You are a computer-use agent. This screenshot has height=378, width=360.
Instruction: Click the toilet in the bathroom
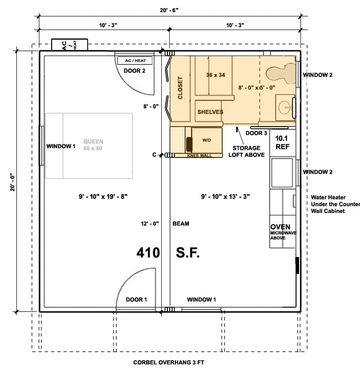click(x=281, y=74)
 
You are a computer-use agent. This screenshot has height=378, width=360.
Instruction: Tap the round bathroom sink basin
click(x=285, y=107)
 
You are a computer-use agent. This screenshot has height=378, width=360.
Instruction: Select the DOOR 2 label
click(x=135, y=71)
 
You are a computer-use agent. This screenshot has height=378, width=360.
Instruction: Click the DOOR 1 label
click(x=136, y=299)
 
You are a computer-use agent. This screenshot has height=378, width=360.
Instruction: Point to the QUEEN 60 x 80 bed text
click(x=93, y=145)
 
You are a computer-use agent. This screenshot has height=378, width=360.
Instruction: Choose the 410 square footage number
click(x=148, y=253)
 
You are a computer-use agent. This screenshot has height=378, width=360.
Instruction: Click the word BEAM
click(x=181, y=224)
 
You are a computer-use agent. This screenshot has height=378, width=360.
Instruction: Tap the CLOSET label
click(x=180, y=88)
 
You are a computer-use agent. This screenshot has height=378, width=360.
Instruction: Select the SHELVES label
click(x=210, y=112)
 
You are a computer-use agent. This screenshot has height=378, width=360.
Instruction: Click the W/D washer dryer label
click(x=207, y=140)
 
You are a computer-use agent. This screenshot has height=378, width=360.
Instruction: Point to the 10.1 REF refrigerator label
click(x=282, y=143)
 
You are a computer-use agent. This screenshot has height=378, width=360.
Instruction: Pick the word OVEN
click(x=280, y=227)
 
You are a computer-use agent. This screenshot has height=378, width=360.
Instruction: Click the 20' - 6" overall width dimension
click(x=169, y=10)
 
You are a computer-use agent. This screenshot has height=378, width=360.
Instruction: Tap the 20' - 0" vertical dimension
click(x=12, y=182)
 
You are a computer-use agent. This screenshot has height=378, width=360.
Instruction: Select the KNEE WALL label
click(x=199, y=156)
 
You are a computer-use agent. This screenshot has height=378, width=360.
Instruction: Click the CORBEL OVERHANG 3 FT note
click(x=169, y=363)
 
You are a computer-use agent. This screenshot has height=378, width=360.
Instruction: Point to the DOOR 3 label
click(x=256, y=133)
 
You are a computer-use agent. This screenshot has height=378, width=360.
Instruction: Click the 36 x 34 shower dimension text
click(x=216, y=75)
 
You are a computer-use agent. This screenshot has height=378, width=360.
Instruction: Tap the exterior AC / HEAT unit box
click(x=70, y=45)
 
